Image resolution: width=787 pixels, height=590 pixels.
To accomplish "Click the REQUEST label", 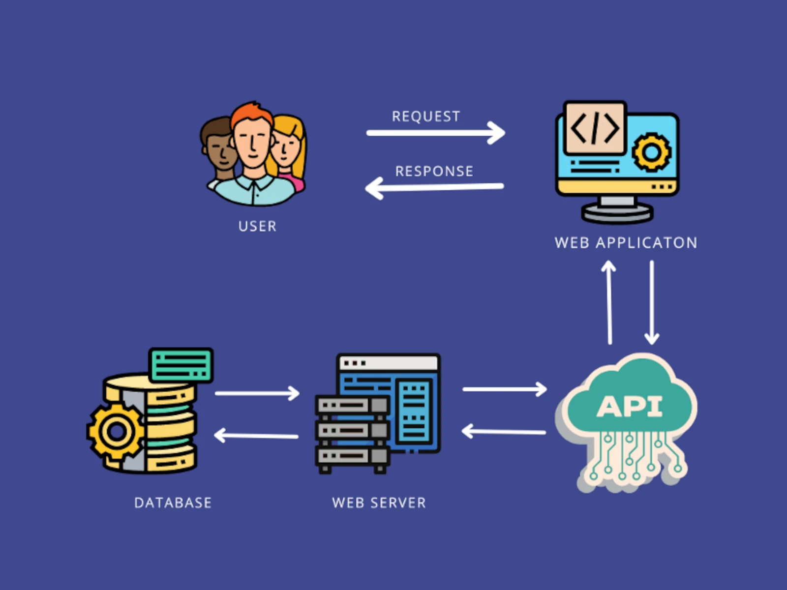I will (x=426, y=117).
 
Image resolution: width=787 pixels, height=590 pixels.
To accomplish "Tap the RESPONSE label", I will (x=434, y=171).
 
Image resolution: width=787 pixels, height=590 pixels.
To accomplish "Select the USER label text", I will (x=257, y=226).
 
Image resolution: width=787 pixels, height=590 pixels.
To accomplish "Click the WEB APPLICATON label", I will (x=626, y=243).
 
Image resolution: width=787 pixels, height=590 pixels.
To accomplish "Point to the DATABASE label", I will (x=173, y=502).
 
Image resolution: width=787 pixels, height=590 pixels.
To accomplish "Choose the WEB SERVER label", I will (x=379, y=502).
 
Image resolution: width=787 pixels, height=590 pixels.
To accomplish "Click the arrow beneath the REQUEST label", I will (x=436, y=133).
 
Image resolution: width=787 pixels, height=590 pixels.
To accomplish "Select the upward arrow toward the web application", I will (x=609, y=302).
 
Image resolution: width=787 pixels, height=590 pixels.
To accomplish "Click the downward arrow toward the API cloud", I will (x=652, y=302).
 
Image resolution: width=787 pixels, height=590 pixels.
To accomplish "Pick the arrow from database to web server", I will (x=257, y=393).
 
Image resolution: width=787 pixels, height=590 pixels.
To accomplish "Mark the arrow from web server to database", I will (x=256, y=436).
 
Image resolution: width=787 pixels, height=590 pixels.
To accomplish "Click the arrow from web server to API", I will (x=505, y=389).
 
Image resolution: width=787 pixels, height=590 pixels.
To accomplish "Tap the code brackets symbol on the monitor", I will (x=595, y=128).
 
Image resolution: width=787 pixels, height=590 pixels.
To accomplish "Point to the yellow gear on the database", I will (x=117, y=432).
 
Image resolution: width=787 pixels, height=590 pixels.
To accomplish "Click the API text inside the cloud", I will (x=630, y=407).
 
